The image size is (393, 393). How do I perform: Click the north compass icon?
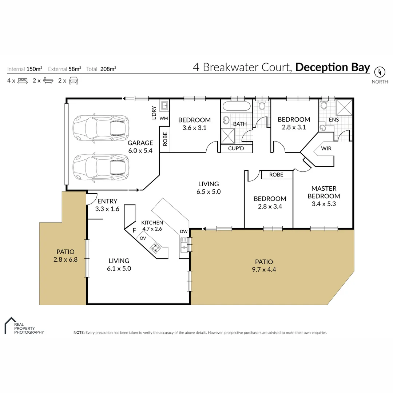point(380,71)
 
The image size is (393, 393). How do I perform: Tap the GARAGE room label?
point(140,143)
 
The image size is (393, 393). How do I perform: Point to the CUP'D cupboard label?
point(235,148)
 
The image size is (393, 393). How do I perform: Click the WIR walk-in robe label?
point(326,148)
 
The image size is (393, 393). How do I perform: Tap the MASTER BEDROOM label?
point(323,196)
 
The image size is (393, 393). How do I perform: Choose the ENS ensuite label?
point(333,119)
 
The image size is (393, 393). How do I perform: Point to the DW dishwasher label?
point(183,231)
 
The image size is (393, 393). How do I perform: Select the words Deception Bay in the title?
point(332,68)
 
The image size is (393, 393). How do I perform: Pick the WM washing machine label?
point(163,118)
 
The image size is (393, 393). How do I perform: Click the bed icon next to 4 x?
point(23,81)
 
